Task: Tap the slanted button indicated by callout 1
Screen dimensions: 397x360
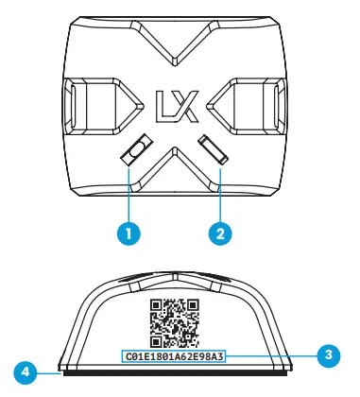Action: (x=139, y=151)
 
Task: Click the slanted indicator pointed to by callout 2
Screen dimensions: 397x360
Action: (x=213, y=151)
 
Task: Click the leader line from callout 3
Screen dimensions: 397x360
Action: (x=274, y=355)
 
